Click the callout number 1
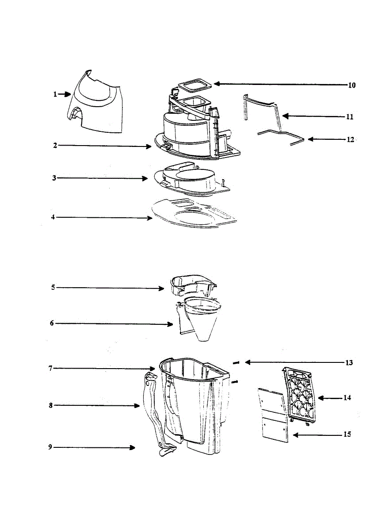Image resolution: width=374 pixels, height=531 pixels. click(x=55, y=94)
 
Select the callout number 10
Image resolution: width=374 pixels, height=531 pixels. click(x=351, y=85)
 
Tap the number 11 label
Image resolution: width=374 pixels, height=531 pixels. click(x=349, y=117)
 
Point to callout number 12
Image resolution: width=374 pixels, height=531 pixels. click(x=350, y=139)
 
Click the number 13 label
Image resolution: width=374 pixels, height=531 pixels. click(x=349, y=363)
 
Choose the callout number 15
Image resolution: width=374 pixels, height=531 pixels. click(x=347, y=435)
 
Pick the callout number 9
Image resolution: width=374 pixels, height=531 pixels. click(x=50, y=447)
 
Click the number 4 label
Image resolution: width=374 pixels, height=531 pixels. click(x=53, y=217)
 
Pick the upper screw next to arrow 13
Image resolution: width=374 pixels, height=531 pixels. click(x=236, y=363)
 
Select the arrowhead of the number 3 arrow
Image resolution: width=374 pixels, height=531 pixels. click(x=145, y=178)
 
